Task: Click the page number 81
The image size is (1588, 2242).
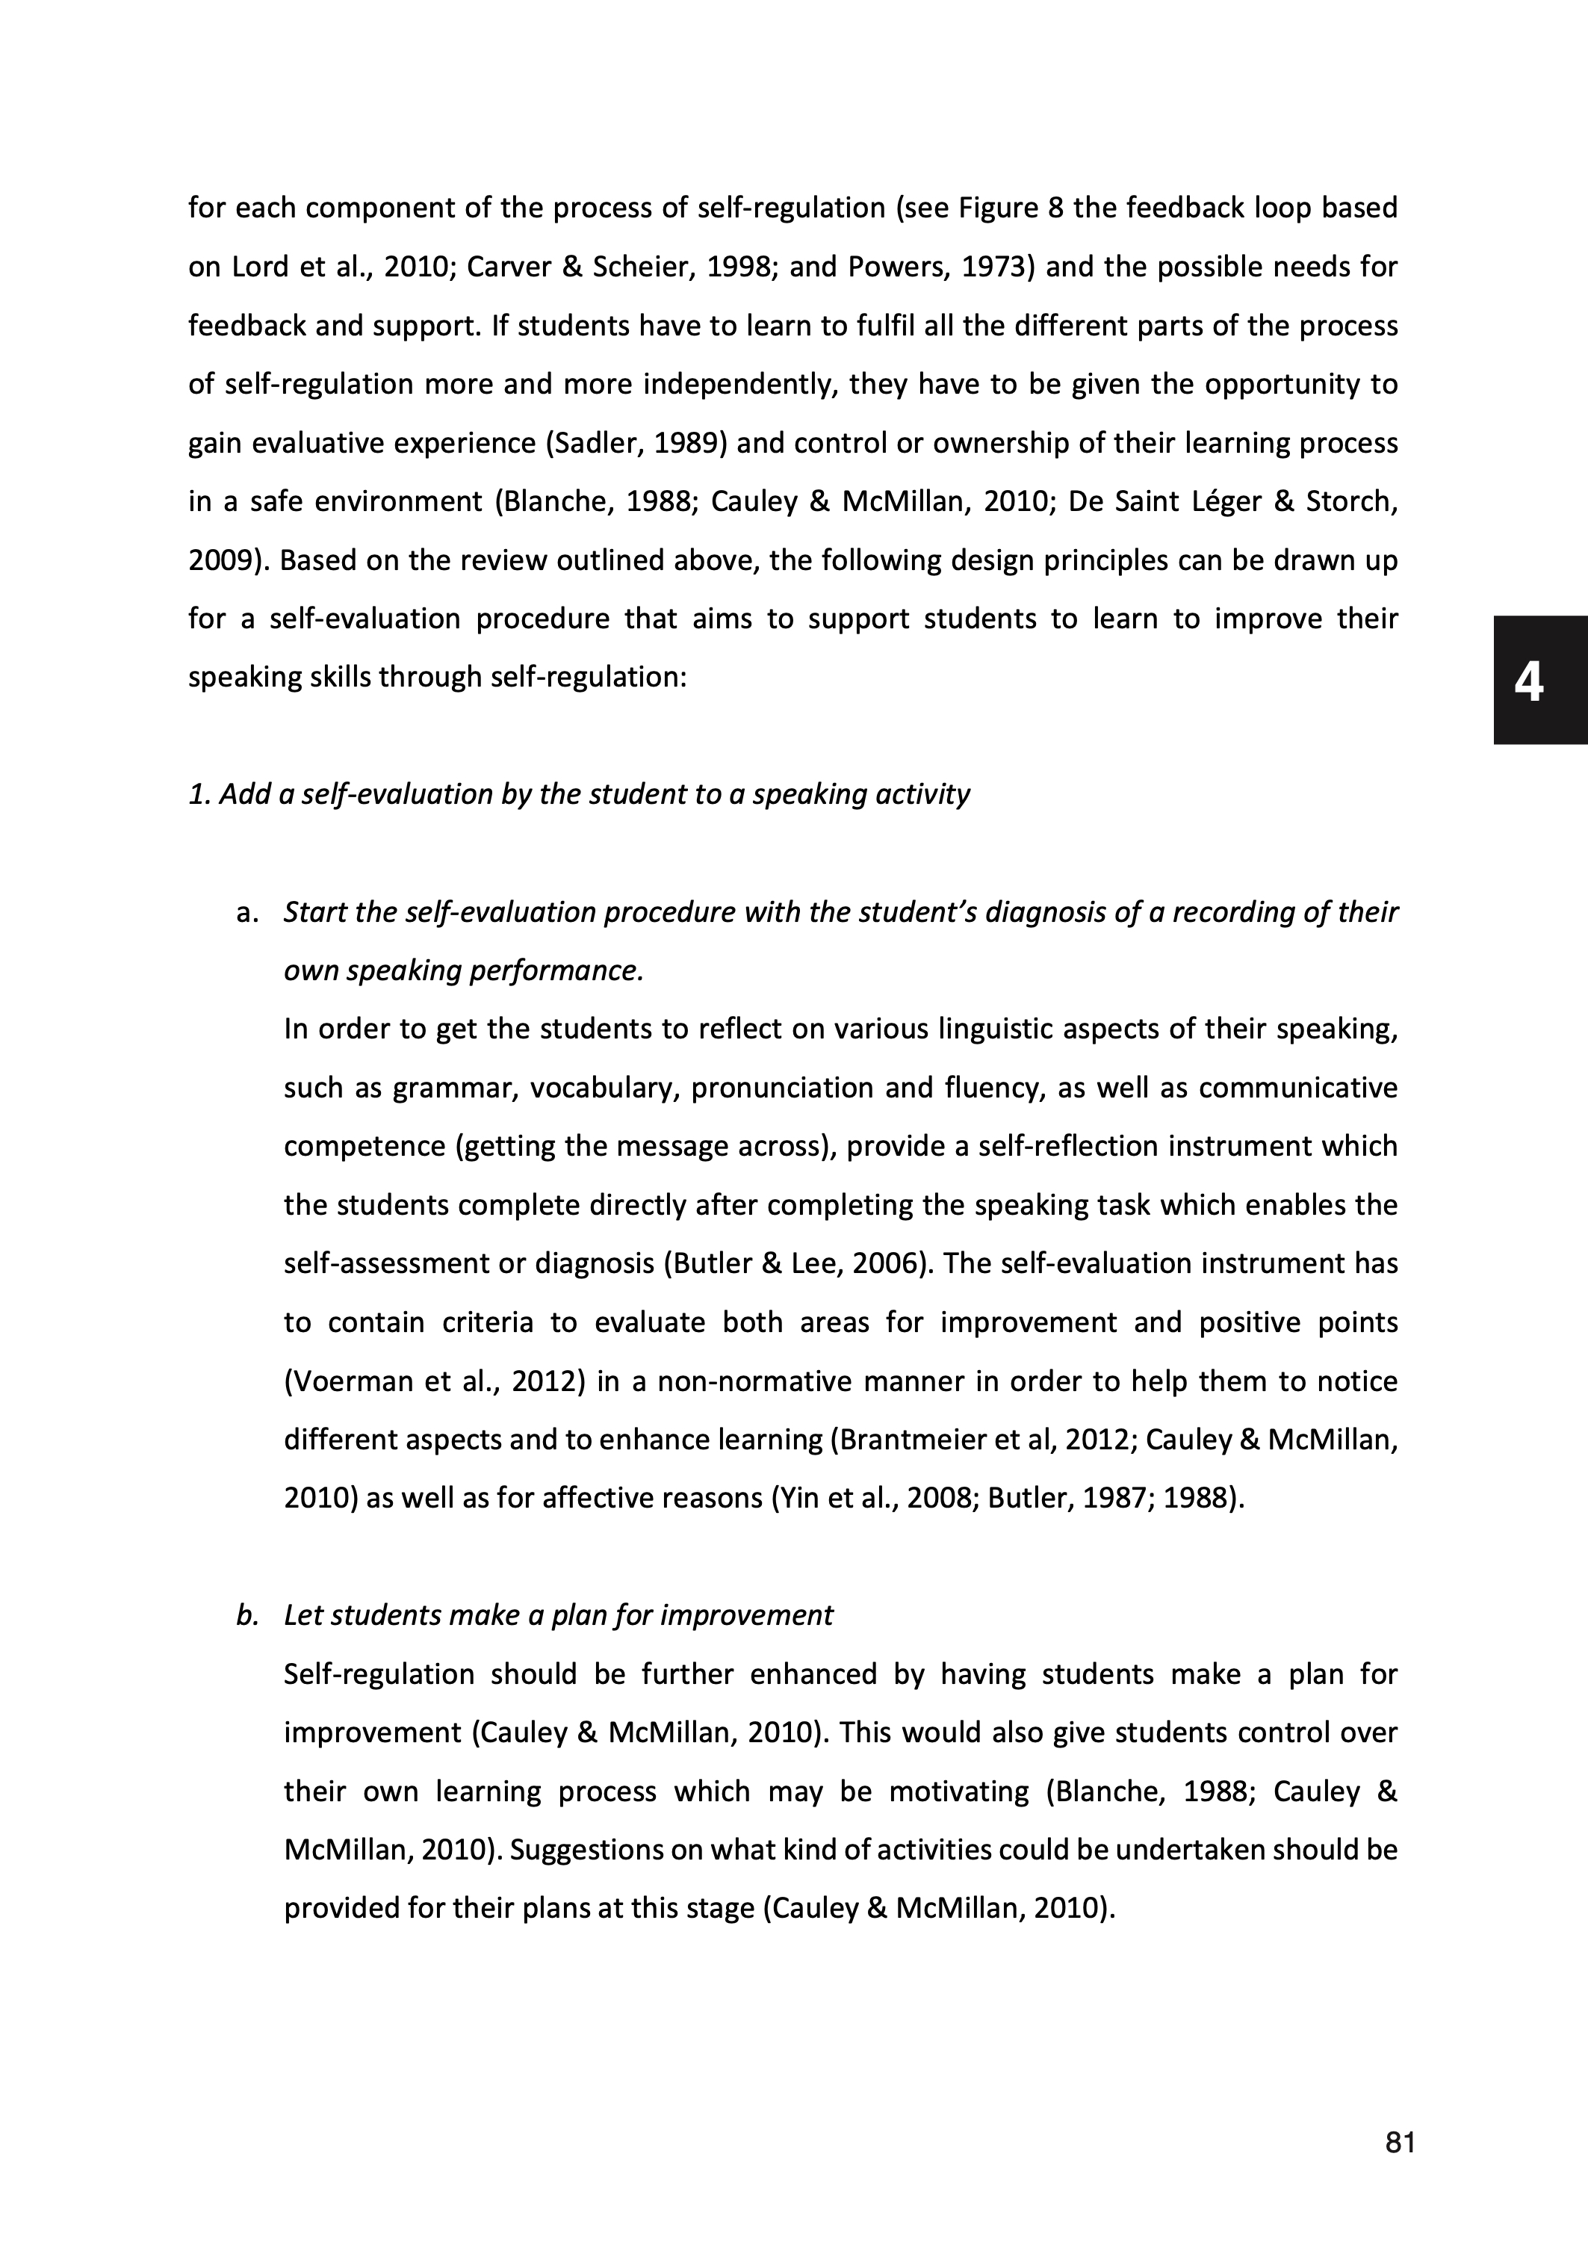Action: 1401,2143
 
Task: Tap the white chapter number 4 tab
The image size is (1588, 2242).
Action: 1528,681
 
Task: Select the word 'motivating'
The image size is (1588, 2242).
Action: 958,1792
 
